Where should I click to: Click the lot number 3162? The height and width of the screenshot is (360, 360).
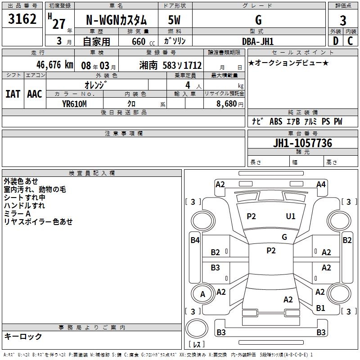[x=22, y=19]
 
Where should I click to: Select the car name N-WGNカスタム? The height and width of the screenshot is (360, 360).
[x=116, y=20]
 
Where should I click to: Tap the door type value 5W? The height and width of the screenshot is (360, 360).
[x=174, y=20]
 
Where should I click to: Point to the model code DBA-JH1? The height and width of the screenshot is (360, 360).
[x=258, y=41]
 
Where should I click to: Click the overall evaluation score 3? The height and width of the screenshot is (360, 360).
[x=343, y=20]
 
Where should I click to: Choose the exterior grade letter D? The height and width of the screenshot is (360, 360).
[x=336, y=41]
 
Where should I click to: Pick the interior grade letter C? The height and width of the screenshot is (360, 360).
[x=350, y=41]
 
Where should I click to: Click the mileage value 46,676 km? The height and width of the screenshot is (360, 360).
[x=55, y=65]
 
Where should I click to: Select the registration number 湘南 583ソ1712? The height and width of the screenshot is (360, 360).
[x=171, y=65]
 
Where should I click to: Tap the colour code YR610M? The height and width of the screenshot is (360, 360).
[x=74, y=104]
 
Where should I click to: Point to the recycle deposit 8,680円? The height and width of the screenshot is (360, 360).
[x=230, y=104]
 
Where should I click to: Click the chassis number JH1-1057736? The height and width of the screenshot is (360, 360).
[x=302, y=143]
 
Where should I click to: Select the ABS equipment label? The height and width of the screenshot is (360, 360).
[x=276, y=121]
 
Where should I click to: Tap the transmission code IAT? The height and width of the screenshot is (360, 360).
[x=13, y=94]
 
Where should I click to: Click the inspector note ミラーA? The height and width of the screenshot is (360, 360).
[x=17, y=214]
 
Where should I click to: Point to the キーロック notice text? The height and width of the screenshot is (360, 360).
[x=23, y=336]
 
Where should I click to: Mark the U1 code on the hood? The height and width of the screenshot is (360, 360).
[x=290, y=216]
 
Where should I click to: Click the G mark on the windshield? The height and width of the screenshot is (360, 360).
[x=284, y=237]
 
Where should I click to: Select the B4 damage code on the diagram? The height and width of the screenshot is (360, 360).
[x=195, y=240]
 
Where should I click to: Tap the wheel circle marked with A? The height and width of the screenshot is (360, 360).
[x=202, y=294]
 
